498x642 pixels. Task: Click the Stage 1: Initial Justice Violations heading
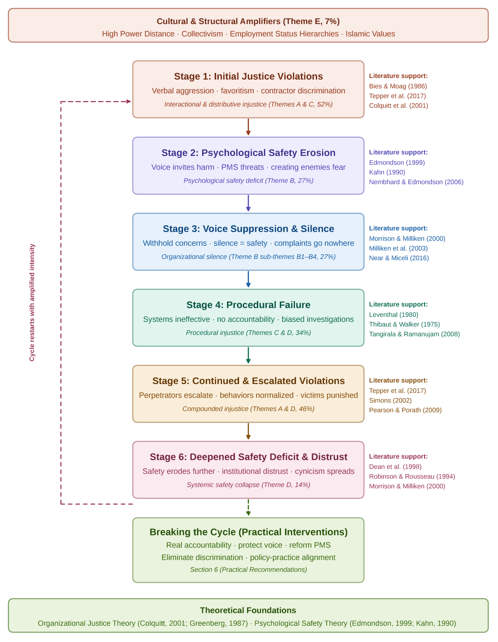coord(248,76)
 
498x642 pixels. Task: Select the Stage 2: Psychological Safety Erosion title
coord(248,153)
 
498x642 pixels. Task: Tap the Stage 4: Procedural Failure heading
coord(248,304)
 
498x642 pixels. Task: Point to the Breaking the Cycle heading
coord(248,532)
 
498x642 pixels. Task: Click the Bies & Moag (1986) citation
coord(398,86)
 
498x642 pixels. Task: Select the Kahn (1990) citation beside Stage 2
coord(387,172)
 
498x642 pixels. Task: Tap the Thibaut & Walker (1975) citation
coord(404,324)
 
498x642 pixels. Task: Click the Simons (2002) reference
coord(390,400)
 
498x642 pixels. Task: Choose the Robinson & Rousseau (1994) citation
coord(412,476)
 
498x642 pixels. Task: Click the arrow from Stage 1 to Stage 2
coord(248,127)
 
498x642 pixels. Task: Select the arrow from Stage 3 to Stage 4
coord(248,279)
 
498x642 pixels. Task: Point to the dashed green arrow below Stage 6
coord(248,507)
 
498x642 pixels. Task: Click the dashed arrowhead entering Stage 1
coord(129,101)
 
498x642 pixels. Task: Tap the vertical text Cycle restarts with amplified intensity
coord(32,302)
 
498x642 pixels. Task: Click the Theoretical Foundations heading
coord(248,610)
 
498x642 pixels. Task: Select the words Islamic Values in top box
coord(370,34)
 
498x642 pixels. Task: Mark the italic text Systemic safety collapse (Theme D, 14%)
coord(248,484)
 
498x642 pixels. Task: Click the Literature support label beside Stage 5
coord(398,380)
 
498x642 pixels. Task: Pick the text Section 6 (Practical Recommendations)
coord(248,569)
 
